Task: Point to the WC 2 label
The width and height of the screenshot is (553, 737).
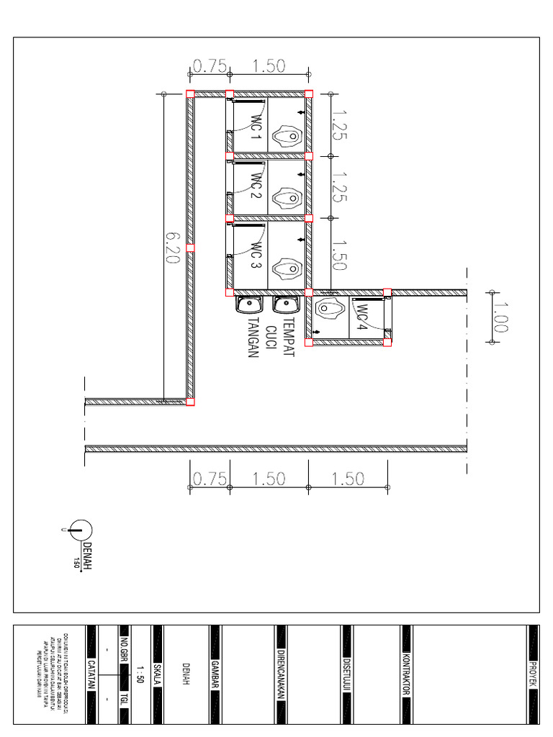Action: [256, 188]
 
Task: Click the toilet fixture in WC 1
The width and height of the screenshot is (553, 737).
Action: [288, 135]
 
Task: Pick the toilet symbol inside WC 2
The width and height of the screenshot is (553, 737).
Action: [288, 196]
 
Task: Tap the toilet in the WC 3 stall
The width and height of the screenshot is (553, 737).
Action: [288, 267]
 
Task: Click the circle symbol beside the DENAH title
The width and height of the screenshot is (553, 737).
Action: [81, 530]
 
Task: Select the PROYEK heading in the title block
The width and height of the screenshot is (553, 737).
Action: [534, 675]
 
